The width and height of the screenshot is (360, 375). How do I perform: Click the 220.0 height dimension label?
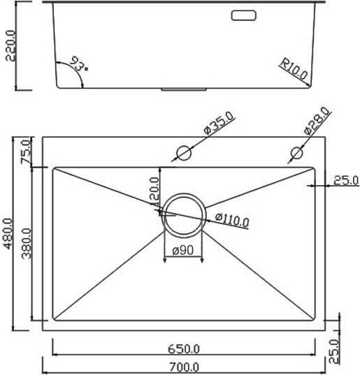pyautogui.click(x=10, y=46)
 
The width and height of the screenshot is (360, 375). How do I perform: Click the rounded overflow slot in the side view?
pyautogui.click(x=245, y=15)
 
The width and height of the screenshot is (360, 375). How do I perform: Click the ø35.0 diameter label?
pyautogui.click(x=219, y=125)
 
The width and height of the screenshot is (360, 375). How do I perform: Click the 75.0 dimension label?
pyautogui.click(x=25, y=152)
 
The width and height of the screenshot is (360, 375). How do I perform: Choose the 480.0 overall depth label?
pyautogui.click(x=9, y=237)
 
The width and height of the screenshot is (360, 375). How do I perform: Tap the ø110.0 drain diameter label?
pyautogui.click(x=231, y=221)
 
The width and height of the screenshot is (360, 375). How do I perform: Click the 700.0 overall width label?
pyautogui.click(x=184, y=367)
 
